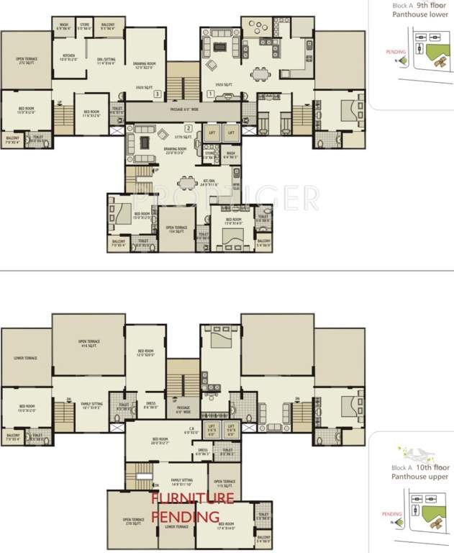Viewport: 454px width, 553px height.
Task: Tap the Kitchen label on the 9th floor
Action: click(x=69, y=58)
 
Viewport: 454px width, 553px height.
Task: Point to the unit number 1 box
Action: click(x=209, y=94)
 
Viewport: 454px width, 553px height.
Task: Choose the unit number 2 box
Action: click(x=187, y=128)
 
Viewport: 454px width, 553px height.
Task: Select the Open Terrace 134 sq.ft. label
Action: click(x=177, y=230)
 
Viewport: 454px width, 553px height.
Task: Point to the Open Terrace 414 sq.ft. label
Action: click(x=88, y=343)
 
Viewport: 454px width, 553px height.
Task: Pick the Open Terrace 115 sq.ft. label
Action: click(x=224, y=483)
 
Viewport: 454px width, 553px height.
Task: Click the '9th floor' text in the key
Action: click(x=432, y=5)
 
